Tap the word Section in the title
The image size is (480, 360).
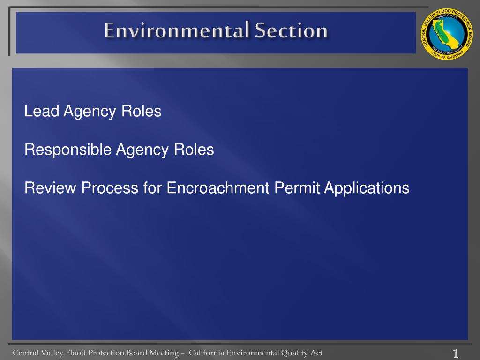point(291,31)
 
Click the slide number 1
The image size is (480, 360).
point(455,353)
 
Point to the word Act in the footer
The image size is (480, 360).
point(316,353)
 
